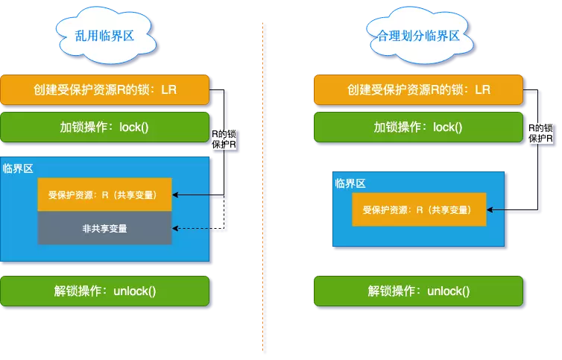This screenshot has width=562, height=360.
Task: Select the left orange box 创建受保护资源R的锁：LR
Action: [x=106, y=89]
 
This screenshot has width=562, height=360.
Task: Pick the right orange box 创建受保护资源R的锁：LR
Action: [x=418, y=89]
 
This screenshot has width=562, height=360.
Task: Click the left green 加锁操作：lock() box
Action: [x=106, y=127]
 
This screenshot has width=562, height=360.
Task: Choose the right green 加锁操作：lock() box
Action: [x=418, y=127]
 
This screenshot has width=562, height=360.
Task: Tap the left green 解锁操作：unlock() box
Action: [x=106, y=291]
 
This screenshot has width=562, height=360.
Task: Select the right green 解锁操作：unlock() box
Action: [x=418, y=291]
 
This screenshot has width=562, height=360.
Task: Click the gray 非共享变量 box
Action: [x=104, y=228]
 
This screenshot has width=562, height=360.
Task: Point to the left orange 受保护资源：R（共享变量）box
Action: [x=104, y=195]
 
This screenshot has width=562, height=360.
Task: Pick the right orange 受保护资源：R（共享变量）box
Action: [x=419, y=210]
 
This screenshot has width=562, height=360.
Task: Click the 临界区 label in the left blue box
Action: [x=17, y=168]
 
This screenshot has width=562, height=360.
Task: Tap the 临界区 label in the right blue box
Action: [x=350, y=183]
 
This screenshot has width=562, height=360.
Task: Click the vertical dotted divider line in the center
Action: [x=265, y=186]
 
